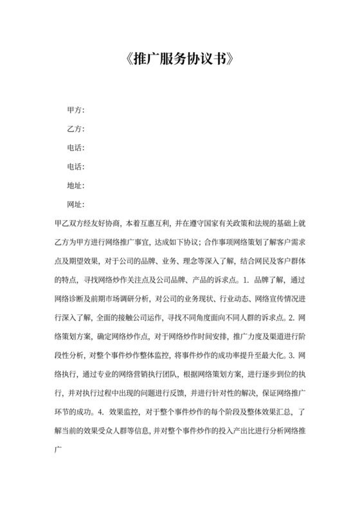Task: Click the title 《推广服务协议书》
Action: coord(180,61)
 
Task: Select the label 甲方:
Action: coord(76,111)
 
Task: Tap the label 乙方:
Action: coord(76,129)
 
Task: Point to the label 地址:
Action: coord(76,186)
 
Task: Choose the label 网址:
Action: coord(76,204)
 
